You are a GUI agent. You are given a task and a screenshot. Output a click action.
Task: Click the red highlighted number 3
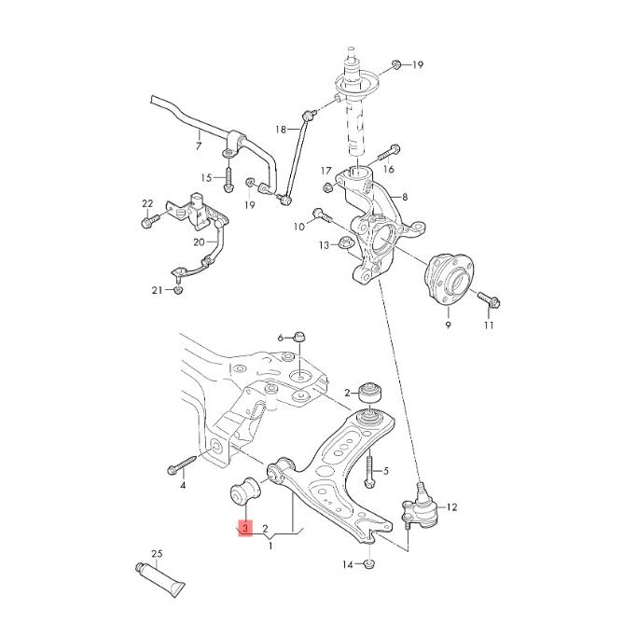(x=244, y=529)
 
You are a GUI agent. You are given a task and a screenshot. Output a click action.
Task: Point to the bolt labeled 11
(x=488, y=300)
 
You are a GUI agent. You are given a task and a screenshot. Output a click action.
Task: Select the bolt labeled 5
(x=370, y=472)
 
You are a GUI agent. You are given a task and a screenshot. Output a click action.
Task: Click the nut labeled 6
(x=299, y=337)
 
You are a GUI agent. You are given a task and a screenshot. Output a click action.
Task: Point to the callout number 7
(x=198, y=145)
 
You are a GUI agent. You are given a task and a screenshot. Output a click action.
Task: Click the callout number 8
(x=405, y=198)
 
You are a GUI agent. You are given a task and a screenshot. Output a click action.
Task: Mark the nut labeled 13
(x=343, y=244)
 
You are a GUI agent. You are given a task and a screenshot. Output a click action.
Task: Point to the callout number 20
(x=199, y=242)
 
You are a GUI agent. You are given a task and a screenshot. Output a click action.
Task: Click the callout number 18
(x=281, y=129)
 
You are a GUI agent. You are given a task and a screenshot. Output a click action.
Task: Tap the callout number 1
(x=270, y=545)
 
